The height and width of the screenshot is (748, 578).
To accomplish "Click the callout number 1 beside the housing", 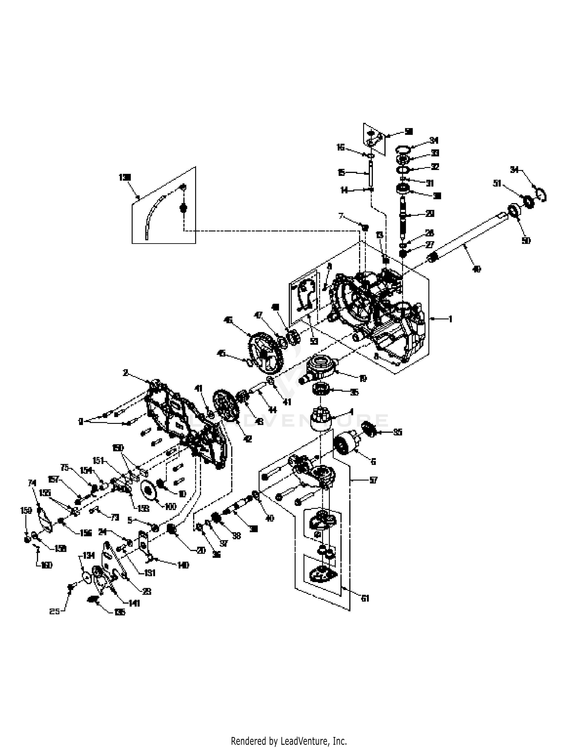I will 450,319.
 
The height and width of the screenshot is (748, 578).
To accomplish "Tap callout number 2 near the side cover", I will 126,373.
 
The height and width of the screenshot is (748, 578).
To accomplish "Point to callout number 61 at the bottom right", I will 365,598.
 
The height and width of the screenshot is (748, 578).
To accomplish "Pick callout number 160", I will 46,566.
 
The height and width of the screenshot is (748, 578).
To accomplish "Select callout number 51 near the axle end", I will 497,184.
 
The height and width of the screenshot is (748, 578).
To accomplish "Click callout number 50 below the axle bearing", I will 526,241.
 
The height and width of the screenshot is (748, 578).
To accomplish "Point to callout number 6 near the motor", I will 373,462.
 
